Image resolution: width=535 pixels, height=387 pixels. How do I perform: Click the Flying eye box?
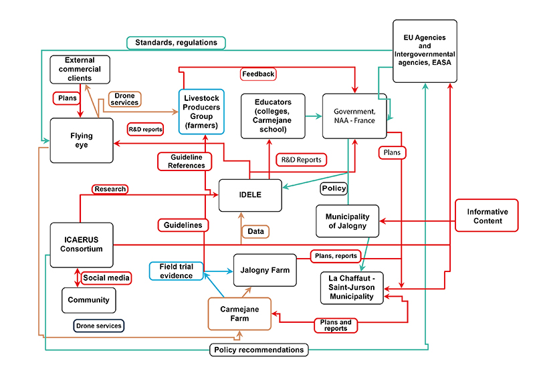click(x=82, y=141)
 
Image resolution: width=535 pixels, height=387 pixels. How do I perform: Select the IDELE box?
click(x=251, y=195)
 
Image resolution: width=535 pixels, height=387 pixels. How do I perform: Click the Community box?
click(x=88, y=300)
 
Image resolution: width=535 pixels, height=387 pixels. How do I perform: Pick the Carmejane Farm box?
click(x=239, y=314)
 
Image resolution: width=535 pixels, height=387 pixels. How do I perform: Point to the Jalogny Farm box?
click(x=265, y=270)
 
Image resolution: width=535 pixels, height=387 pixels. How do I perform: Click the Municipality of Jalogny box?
click(x=347, y=221)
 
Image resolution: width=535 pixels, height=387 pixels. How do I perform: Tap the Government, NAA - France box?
click(x=354, y=116)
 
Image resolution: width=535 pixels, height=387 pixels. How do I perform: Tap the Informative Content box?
click(x=487, y=216)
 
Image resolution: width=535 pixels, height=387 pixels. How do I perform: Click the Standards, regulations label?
click(x=176, y=43)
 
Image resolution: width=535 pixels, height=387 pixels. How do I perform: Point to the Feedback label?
click(x=257, y=74)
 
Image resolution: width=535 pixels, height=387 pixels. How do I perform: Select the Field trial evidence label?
click(x=176, y=271)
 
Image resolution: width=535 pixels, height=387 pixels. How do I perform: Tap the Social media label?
click(x=106, y=277)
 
